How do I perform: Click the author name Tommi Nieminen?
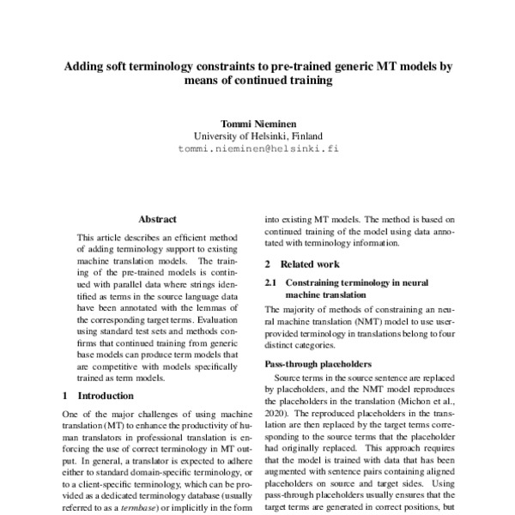pyautogui.click(x=257, y=122)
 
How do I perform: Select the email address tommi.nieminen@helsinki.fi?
pyautogui.click(x=257, y=148)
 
